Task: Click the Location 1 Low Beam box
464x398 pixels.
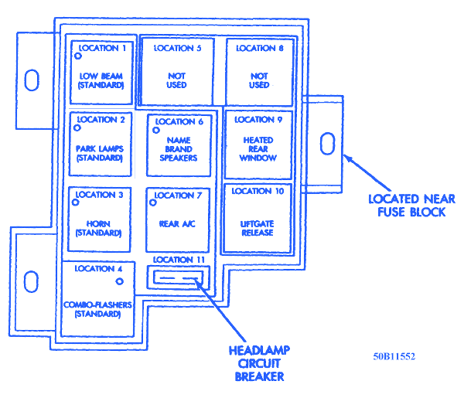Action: [101, 70]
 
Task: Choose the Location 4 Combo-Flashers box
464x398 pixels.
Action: [98, 298]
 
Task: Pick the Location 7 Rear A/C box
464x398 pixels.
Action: [179, 219]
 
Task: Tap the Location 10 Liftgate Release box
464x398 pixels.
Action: [259, 218]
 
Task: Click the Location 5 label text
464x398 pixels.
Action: [178, 48]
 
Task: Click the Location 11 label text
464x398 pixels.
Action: [178, 260]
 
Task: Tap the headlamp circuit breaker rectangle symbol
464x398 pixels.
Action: [179, 277]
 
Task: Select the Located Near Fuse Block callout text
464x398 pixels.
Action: [405, 205]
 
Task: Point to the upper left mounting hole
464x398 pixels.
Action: [32, 80]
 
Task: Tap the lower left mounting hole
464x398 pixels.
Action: [32, 281]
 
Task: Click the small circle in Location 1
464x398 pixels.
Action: [77, 56]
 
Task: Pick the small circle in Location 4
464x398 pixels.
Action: [120, 281]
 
